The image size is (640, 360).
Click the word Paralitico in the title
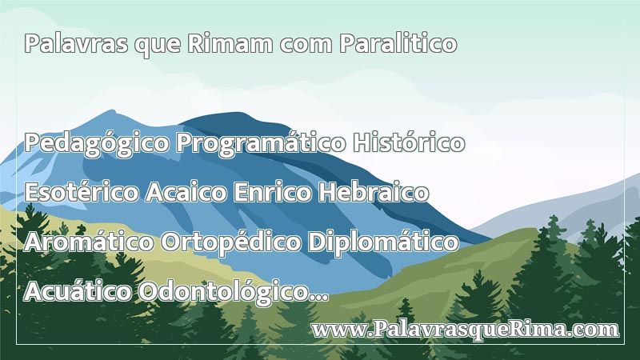pos(398,43)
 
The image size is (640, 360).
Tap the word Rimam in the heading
pos(230,43)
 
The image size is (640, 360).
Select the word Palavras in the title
pos(76,43)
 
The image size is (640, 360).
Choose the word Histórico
pos(409,142)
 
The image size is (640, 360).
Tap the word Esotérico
pos(82,192)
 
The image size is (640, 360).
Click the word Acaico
pos(186,192)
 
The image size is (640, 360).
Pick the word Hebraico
pos(374,192)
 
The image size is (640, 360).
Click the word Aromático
pos(89,242)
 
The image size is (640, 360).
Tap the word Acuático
pos(78,291)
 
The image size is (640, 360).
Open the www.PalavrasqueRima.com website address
pos(466,330)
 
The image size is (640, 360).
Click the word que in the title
pos(158,46)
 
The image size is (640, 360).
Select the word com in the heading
pos(306,46)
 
